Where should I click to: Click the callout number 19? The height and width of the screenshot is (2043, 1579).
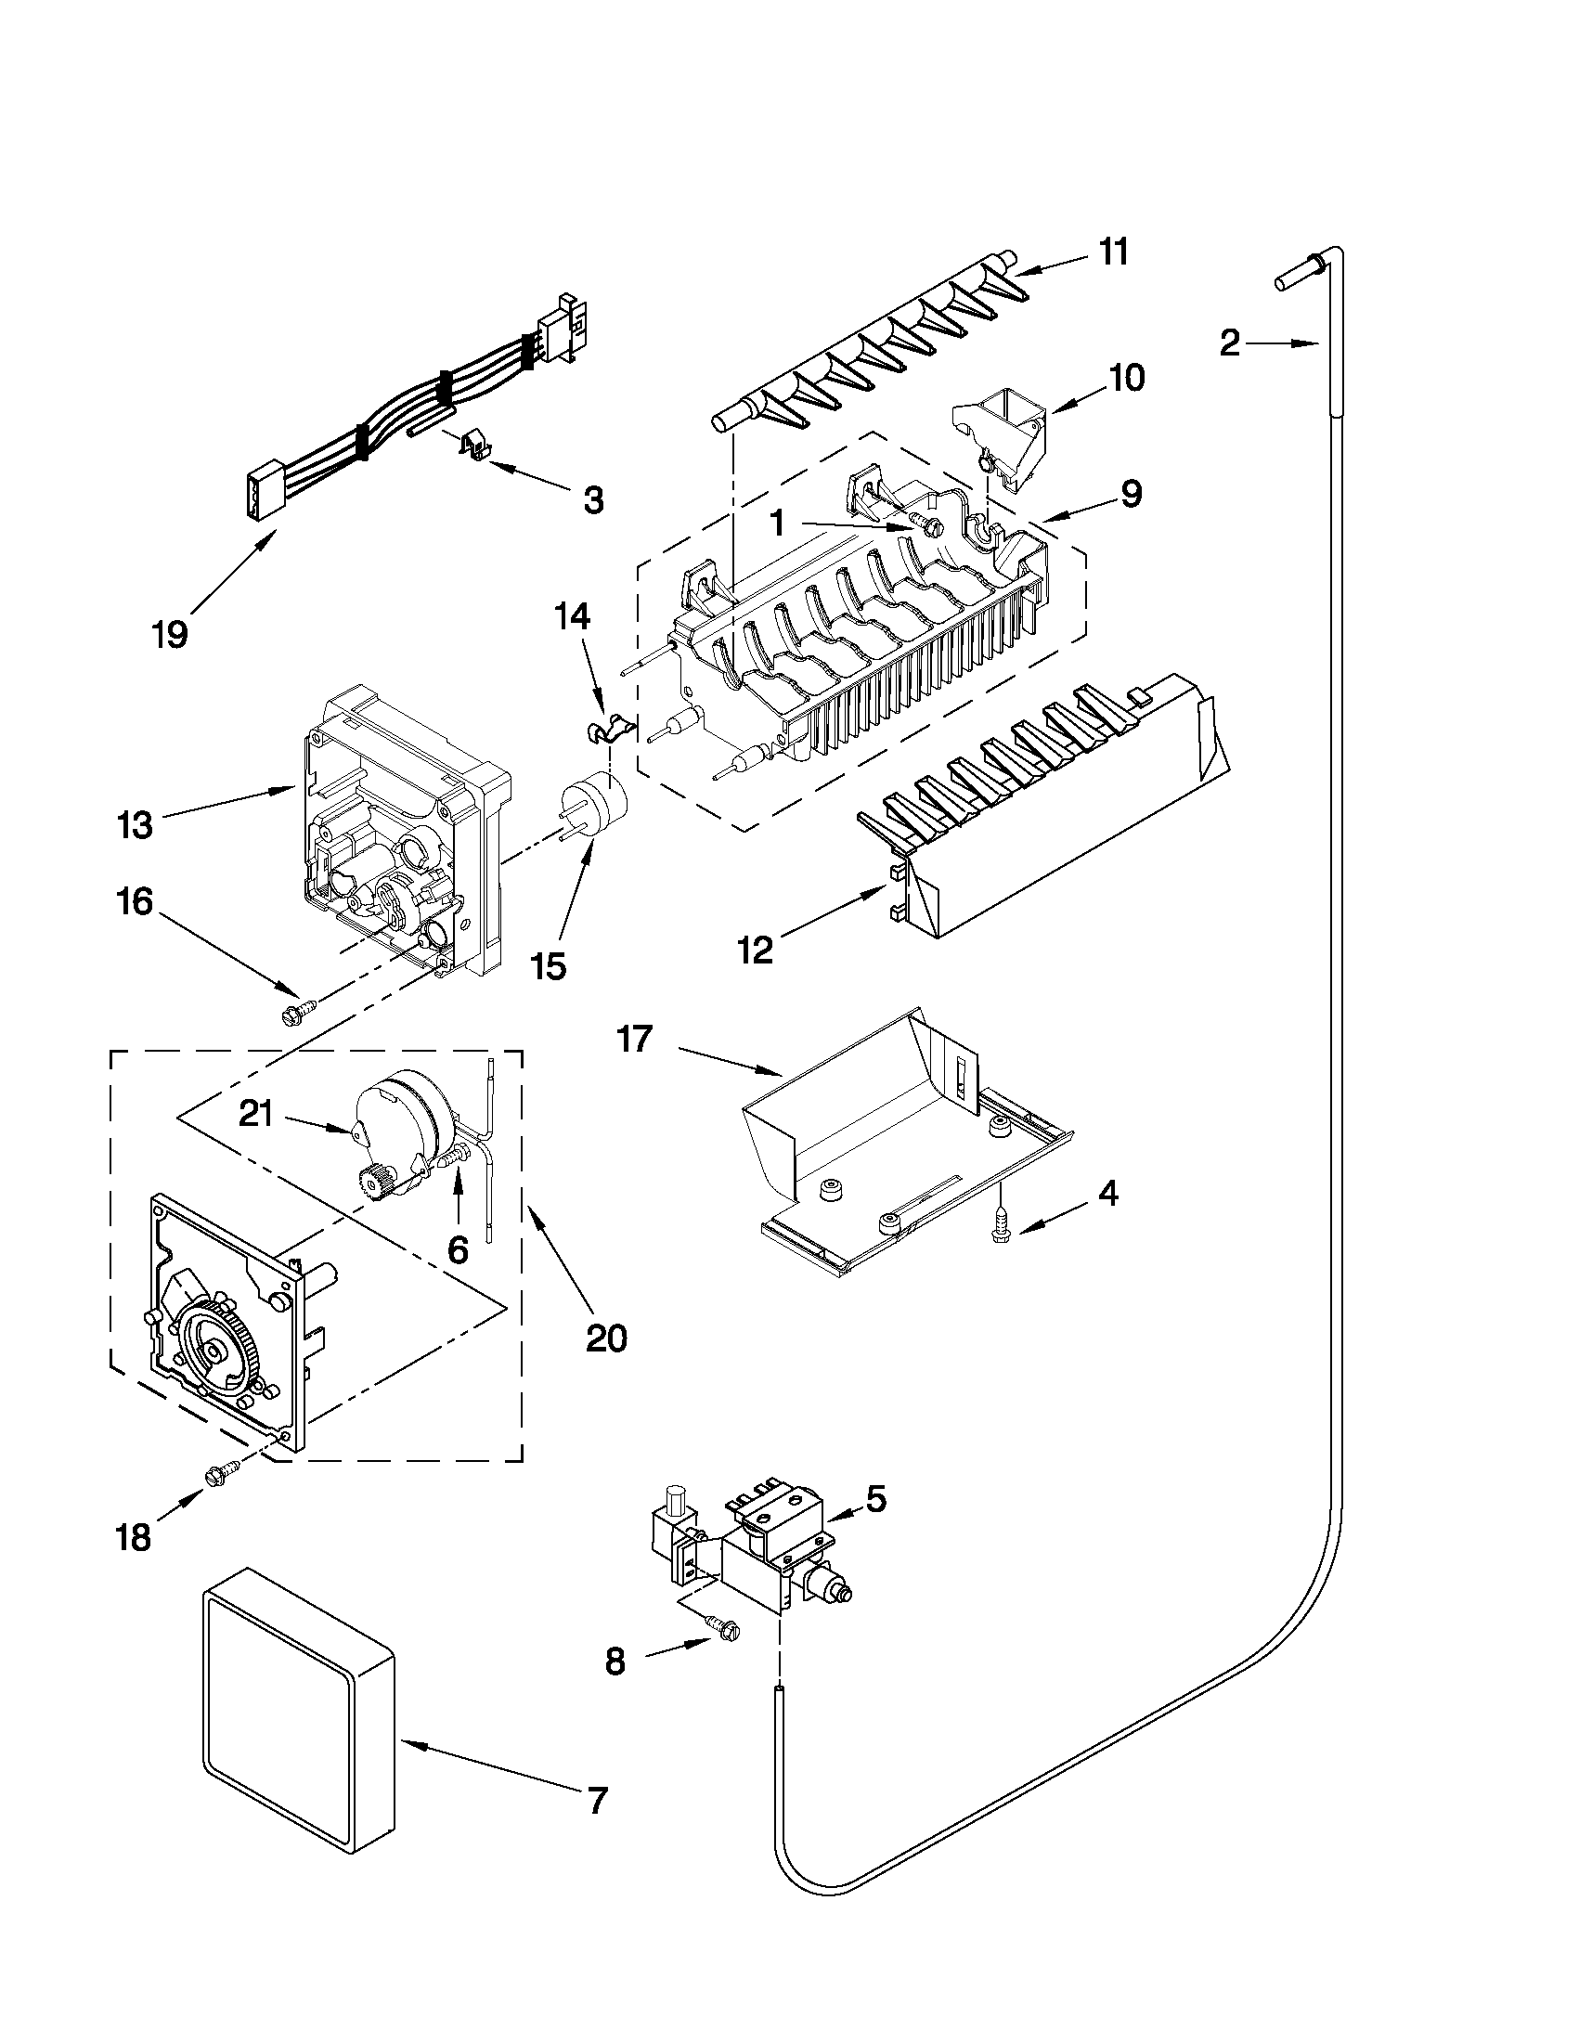point(170,635)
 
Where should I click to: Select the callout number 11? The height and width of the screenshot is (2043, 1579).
point(1113,252)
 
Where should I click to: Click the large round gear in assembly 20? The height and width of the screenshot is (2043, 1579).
point(216,1350)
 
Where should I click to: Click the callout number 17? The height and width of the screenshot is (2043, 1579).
point(634,1040)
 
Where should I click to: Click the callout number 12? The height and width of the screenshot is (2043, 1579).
point(756,950)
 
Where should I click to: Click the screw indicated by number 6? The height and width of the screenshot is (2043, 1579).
point(454,1159)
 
